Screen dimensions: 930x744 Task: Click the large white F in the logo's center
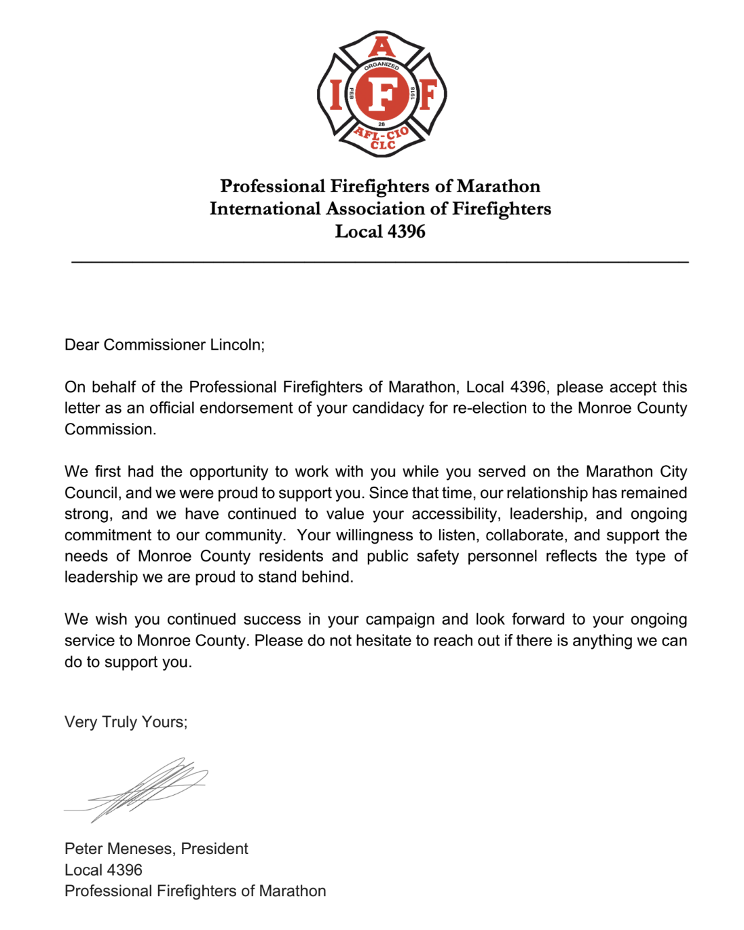click(x=382, y=94)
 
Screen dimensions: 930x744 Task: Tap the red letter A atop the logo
click(x=382, y=47)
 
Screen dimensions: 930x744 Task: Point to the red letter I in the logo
click(x=335, y=94)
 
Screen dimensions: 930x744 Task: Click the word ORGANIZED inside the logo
click(x=382, y=66)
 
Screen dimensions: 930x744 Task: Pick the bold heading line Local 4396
click(x=380, y=231)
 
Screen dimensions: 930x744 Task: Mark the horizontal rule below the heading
click(x=380, y=261)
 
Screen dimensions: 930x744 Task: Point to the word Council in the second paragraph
click(x=92, y=493)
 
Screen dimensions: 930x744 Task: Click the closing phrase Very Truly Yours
click(x=126, y=722)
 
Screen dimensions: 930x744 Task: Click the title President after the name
click(x=215, y=849)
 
